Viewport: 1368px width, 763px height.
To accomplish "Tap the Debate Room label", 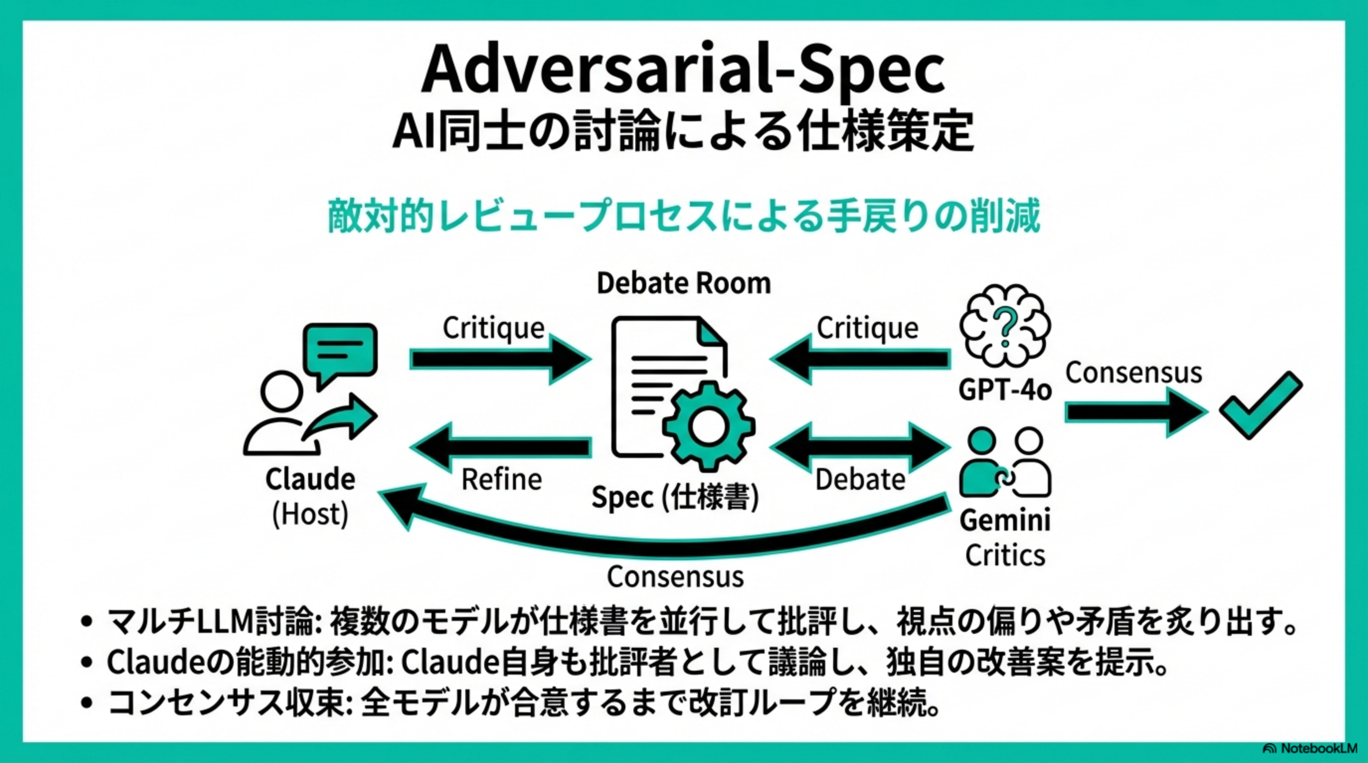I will pos(684,283).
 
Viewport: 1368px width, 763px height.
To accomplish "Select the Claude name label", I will pos(310,480).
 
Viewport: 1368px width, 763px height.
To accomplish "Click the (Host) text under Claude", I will pos(310,514).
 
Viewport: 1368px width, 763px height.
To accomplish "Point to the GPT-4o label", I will pos(1005,390).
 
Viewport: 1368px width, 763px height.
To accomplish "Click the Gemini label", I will pos(1005,520).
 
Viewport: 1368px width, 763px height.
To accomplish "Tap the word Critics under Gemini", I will pos(1005,555).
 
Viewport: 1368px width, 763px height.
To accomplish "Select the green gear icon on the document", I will pos(708,426).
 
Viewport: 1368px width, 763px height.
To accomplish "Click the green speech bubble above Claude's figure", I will pos(340,350).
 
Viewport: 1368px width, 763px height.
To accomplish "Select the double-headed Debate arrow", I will pos(860,447).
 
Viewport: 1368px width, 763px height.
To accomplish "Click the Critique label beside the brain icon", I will pos(867,328).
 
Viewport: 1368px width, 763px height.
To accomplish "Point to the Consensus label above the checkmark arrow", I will pos(1133,373).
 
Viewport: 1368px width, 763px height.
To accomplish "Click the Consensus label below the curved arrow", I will pos(675,577).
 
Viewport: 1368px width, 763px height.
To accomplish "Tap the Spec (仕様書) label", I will pos(675,498).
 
